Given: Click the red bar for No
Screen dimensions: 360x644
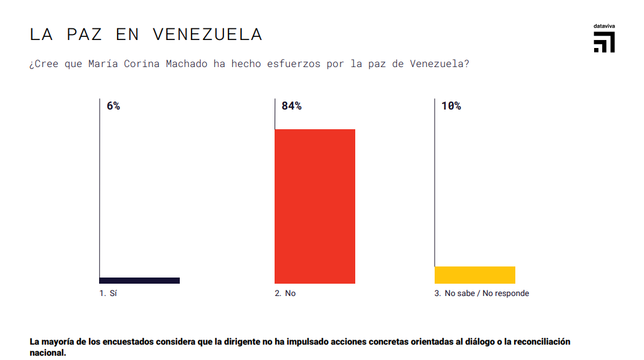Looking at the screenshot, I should click(x=315, y=206).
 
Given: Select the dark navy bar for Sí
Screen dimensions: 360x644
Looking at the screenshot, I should click(x=140, y=281).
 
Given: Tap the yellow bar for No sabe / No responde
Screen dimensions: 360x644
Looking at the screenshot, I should click(x=475, y=275).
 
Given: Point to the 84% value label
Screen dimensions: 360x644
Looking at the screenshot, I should click(x=291, y=106).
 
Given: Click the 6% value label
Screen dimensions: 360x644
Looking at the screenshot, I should click(x=113, y=106).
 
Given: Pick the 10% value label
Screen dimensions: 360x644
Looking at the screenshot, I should click(x=451, y=106).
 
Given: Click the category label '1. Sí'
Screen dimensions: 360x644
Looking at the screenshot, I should click(x=108, y=294).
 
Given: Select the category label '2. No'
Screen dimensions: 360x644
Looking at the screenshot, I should click(x=285, y=294).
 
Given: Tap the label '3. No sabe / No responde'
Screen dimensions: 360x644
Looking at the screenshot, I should click(x=481, y=294).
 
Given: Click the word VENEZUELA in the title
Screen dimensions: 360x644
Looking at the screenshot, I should click(x=207, y=34).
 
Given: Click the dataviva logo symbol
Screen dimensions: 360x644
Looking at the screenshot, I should click(x=604, y=42).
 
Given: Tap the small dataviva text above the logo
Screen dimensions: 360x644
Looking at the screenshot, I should click(x=604, y=26).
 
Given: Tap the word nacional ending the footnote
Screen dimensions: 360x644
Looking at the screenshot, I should click(x=47, y=353).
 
